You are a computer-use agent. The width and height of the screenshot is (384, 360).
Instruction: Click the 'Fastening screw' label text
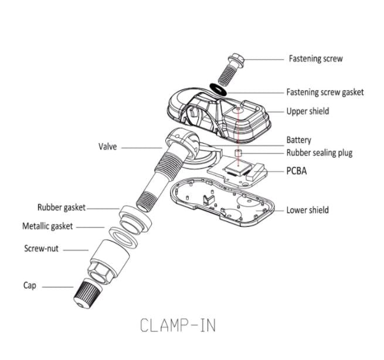[x=315, y=59]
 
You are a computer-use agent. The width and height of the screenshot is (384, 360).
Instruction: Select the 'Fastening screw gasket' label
[x=325, y=92]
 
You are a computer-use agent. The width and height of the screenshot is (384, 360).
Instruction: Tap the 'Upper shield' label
[x=308, y=111]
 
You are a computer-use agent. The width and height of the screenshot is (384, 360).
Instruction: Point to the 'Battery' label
[x=298, y=140]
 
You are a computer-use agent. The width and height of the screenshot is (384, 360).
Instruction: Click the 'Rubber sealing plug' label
[x=319, y=153]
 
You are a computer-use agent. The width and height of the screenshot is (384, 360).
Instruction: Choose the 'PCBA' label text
[x=297, y=172]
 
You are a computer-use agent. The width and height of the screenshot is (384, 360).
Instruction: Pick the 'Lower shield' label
[x=307, y=210]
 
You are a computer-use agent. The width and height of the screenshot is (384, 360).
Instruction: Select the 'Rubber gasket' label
[x=62, y=208]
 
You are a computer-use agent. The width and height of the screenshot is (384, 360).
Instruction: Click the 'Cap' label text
[x=30, y=286]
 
